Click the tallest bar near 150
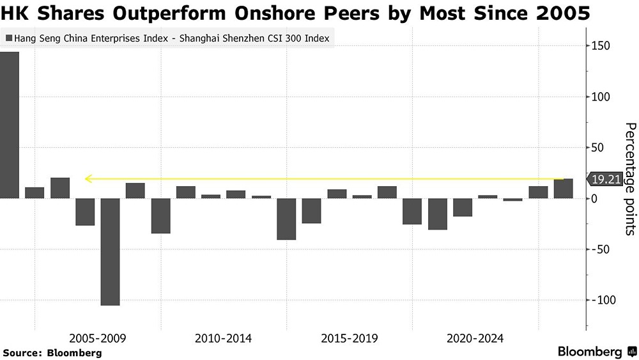coord(10,125)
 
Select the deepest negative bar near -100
coord(110,251)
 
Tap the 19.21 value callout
coord(605,180)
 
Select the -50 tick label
coord(603,249)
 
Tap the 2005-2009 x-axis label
coord(98,338)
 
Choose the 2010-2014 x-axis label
coord(224,338)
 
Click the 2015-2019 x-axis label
coord(350,338)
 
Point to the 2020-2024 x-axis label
coord(475,338)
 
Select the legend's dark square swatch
coord(8,38)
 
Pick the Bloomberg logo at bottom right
coord(597,352)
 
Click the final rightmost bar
coord(564,189)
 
